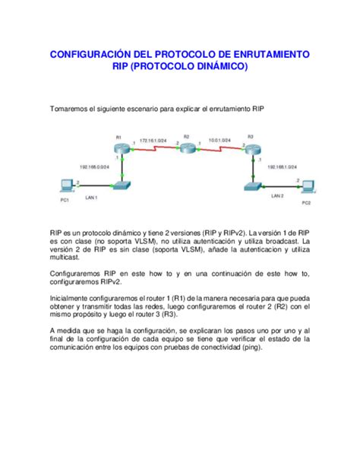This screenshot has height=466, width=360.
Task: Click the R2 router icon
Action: tap(185, 149)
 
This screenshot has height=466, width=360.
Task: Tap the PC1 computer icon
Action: tap(67, 185)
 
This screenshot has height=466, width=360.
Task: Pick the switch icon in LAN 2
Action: tap(251, 185)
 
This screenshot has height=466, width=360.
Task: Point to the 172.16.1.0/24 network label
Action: tap(154, 141)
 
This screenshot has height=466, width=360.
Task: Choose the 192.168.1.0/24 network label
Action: tap(283, 163)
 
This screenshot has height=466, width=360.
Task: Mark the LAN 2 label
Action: tap(277, 195)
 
